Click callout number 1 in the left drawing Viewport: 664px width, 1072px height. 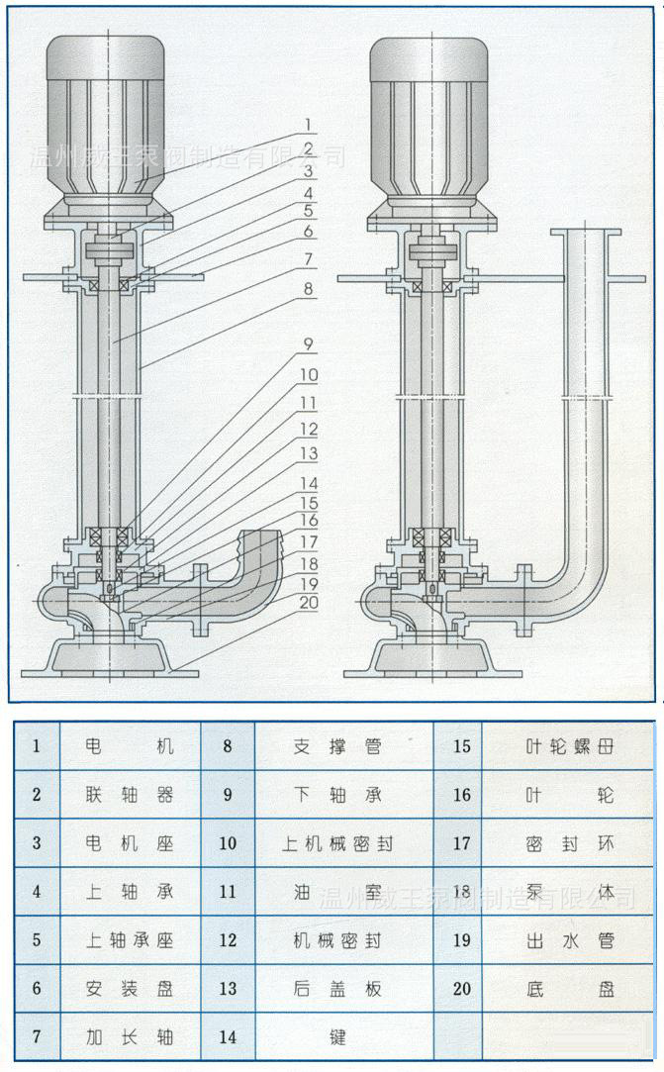click(308, 126)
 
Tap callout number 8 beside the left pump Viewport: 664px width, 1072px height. click(308, 291)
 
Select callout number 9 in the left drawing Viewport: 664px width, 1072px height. click(308, 345)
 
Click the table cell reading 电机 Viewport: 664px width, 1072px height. click(130, 745)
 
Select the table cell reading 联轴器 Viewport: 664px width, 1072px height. click(130, 794)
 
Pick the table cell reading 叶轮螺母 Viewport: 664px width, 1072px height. click(569, 745)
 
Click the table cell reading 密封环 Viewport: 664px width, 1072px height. click(569, 842)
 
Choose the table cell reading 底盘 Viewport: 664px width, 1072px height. click(569, 988)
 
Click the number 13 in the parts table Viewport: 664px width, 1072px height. click(228, 988)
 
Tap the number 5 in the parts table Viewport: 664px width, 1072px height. click(37, 939)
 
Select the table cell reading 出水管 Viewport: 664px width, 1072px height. click(569, 939)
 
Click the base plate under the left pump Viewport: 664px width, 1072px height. click(109, 655)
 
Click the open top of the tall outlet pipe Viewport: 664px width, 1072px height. click(586, 234)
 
